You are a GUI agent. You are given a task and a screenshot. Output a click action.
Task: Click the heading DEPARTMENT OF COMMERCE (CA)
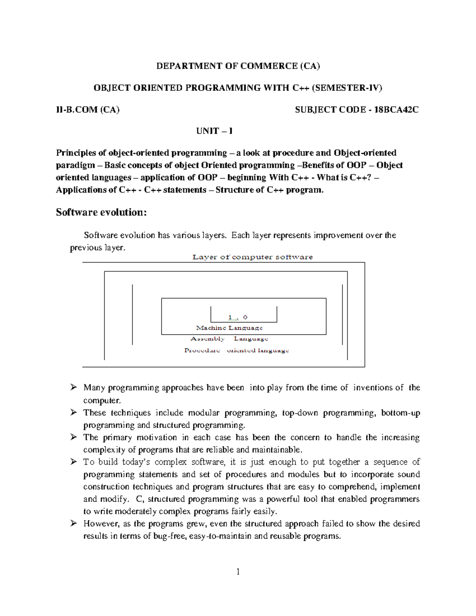point(238,66)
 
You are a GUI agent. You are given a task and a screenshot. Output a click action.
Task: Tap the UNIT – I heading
point(215,131)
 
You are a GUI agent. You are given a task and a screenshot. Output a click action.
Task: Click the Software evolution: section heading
point(101,212)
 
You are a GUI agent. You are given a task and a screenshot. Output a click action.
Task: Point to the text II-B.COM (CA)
point(88,110)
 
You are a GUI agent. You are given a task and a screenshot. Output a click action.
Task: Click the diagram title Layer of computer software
point(252,257)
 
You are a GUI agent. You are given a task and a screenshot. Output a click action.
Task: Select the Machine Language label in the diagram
point(229,328)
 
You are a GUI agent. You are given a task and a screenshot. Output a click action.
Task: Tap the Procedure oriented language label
point(236,351)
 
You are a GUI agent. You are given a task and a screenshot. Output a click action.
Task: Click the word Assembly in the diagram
point(207,339)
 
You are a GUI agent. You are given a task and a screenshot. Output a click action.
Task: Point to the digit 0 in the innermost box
point(245,317)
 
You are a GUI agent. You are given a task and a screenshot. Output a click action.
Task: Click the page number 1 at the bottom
point(238,572)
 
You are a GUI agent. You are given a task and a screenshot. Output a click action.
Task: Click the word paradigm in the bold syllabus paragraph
point(75,165)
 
